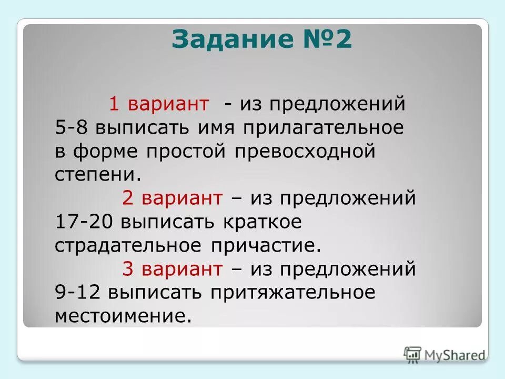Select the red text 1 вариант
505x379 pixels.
click(159, 104)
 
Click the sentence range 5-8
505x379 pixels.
click(71, 128)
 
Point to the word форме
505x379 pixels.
click(108, 152)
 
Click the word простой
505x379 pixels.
click(188, 152)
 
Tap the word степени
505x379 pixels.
click(98, 175)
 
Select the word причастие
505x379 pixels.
click(266, 246)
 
